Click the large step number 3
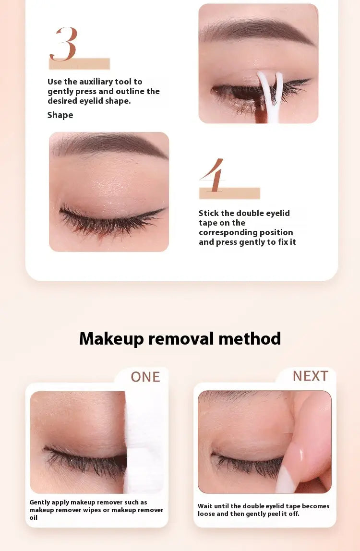63,44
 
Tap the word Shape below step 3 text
60,115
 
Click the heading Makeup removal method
180,338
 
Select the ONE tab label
145,377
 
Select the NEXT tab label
311,376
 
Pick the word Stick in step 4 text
209,213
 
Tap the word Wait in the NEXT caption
205,506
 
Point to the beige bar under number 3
79,64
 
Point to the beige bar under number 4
229,193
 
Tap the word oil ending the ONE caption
34,518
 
